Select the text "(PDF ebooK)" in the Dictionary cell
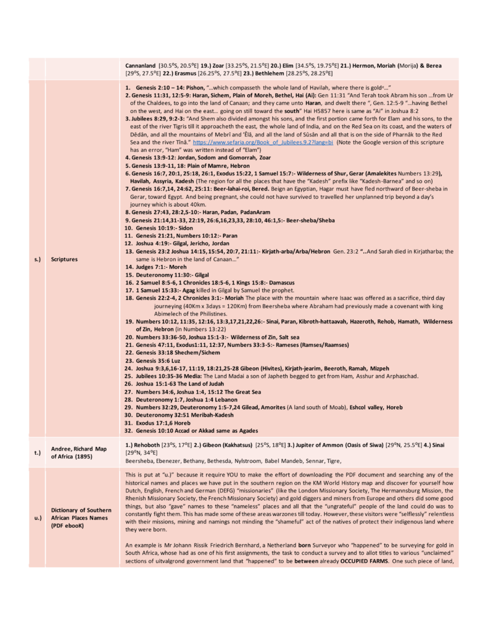click(x=69, y=526)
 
